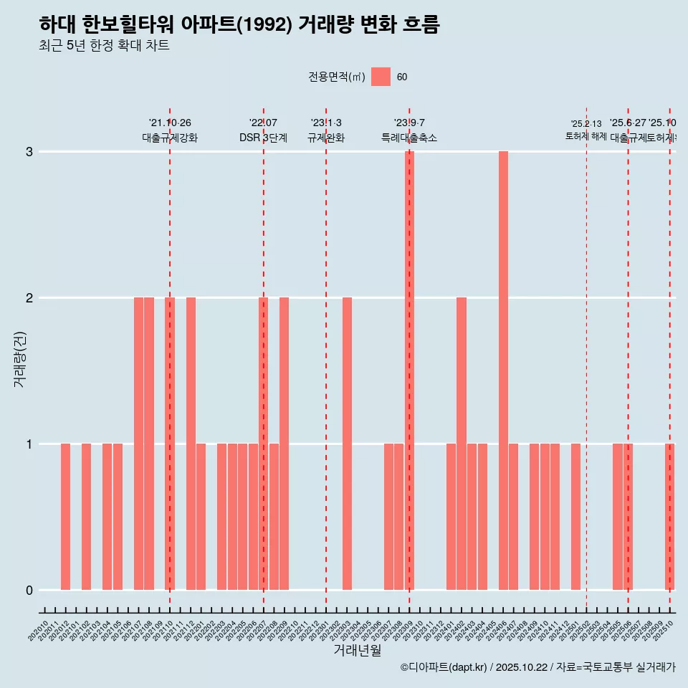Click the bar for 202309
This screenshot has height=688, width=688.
[409, 371]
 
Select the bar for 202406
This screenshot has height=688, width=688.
[503, 371]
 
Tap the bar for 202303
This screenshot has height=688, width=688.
[347, 444]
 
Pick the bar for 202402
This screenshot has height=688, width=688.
[462, 444]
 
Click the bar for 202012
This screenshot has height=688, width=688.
[65, 517]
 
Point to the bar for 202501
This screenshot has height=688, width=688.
[576, 517]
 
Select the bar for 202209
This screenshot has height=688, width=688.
[285, 444]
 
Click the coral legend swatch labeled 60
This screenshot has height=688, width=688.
[381, 77]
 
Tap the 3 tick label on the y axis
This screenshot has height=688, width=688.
[29, 152]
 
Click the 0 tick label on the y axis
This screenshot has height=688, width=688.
[29, 591]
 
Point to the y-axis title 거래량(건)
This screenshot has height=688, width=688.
[20, 358]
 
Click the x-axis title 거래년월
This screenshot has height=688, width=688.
[357, 650]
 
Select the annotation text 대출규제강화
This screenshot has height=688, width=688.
[170, 138]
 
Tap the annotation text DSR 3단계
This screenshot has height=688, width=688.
[264, 138]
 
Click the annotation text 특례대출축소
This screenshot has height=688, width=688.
[409, 138]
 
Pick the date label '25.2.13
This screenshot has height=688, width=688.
[586, 124]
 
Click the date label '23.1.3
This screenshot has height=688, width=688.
[326, 123]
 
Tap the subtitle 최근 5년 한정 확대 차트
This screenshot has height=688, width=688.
[104, 46]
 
